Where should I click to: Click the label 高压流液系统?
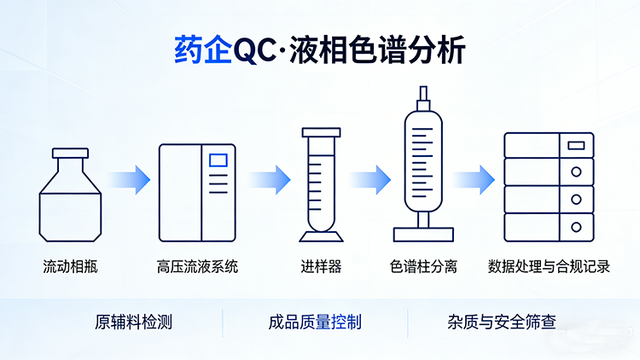[197, 267]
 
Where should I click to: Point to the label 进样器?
[321, 267]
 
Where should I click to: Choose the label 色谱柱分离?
[423, 267]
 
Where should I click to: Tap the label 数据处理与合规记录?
[549, 267]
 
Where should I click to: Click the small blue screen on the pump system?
[219, 158]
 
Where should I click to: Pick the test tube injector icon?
[321, 183]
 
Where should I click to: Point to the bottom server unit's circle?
[576, 227]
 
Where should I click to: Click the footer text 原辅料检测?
[133, 322]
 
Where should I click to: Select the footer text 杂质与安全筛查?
[502, 322]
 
